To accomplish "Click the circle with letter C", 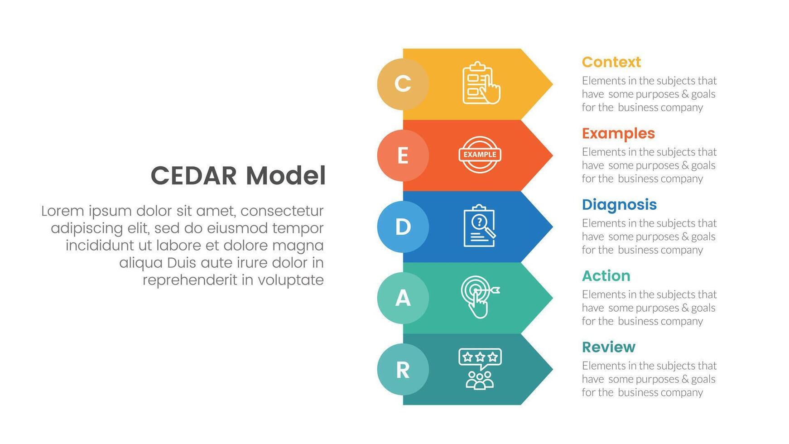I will (403, 84).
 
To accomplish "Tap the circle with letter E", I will (403, 155).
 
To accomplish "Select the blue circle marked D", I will (403, 227).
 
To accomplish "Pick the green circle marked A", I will (403, 298).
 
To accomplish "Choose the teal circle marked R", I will (403, 369).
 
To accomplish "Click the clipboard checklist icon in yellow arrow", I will (480, 83).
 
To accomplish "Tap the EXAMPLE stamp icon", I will (480, 154).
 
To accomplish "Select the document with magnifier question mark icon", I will (479, 226).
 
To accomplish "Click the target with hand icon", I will (479, 297).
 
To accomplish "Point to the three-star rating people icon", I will (480, 368).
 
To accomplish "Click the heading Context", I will (611, 62).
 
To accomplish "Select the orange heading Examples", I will (618, 133).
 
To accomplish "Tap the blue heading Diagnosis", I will (619, 205).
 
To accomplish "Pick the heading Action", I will (606, 276).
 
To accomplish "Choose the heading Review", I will (608, 347).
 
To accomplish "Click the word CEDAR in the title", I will (193, 176).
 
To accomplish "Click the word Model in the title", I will (286, 176).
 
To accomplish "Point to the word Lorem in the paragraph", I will (63, 211).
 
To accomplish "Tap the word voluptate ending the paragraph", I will (290, 280).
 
